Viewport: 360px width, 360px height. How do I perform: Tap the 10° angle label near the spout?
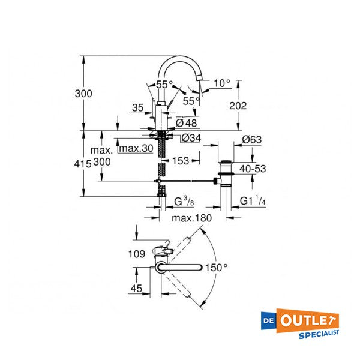click(x=221, y=83)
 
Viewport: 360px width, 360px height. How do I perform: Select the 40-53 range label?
click(x=252, y=169)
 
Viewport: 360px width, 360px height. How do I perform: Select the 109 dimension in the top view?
click(x=137, y=254)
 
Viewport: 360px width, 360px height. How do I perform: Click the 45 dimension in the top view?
click(x=137, y=289)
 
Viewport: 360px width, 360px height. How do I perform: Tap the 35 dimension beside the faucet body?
click(x=137, y=109)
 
